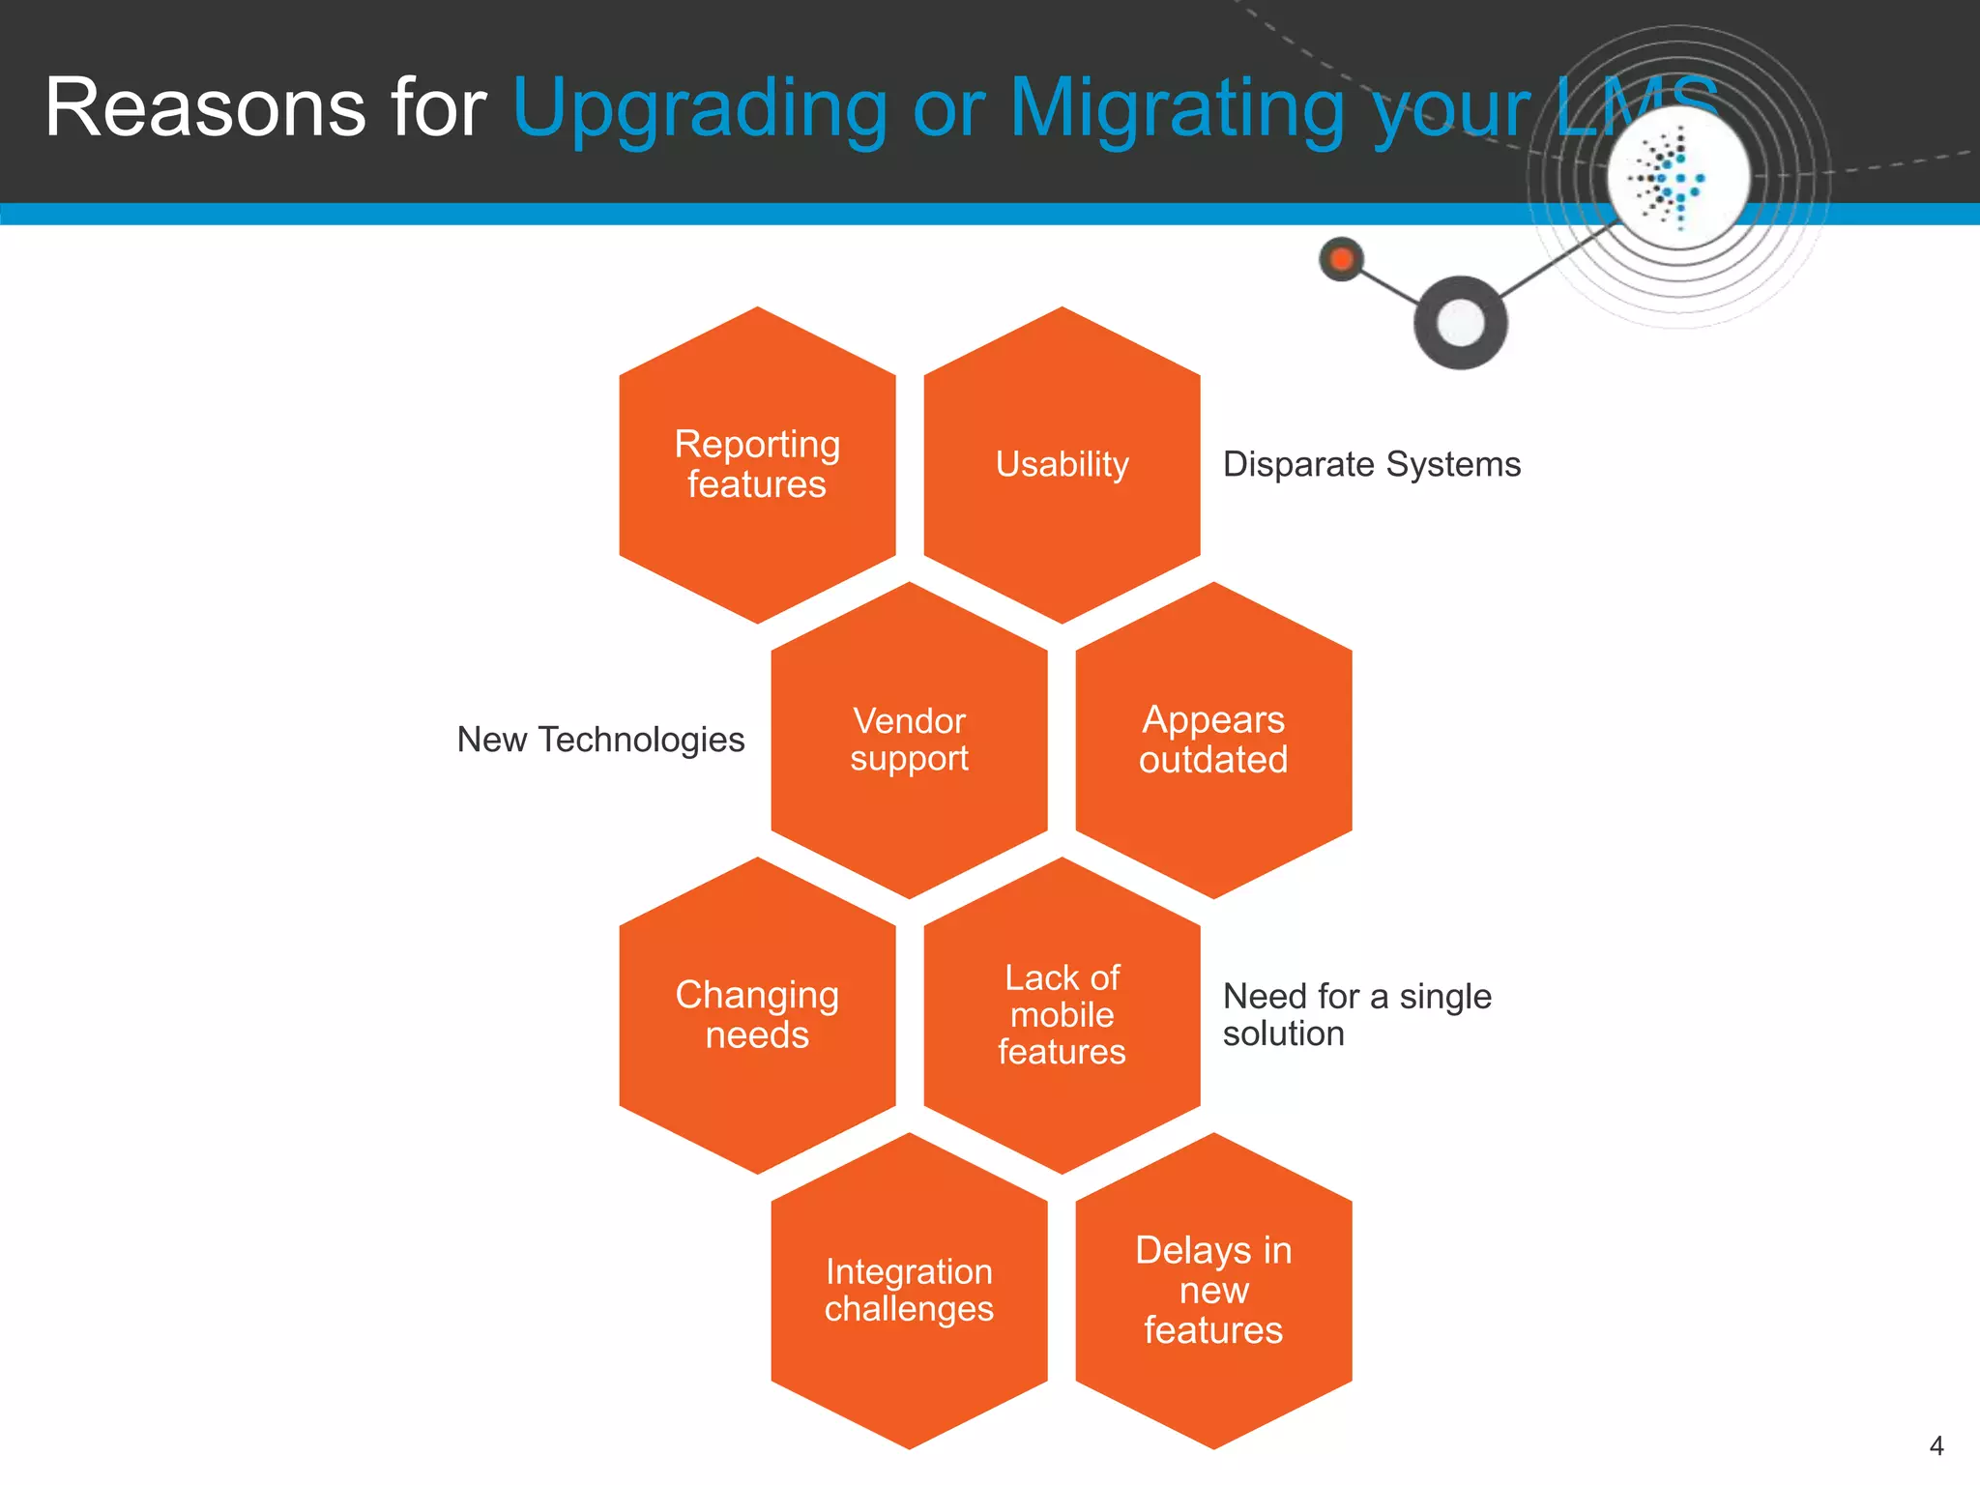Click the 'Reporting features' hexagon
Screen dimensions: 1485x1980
(757, 465)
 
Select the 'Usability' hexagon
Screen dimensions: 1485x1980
(1062, 465)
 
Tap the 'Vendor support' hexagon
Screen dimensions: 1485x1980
(909, 741)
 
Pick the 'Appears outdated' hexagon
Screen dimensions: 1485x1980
(1213, 741)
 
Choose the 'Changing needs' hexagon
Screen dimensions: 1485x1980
(757, 1015)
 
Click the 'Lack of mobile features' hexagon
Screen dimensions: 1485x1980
(1062, 1015)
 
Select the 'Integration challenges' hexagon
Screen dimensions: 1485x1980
(909, 1291)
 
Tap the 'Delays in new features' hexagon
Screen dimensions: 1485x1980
(1213, 1291)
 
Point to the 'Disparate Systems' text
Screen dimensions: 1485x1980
(1371, 465)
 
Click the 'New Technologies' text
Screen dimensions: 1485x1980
(600, 741)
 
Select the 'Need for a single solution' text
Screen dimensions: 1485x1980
(1356, 1015)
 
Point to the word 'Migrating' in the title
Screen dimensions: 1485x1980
(1176, 109)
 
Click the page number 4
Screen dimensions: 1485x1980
(1936, 1446)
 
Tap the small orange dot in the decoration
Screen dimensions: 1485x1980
(1342, 259)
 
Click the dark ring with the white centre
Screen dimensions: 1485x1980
(1460, 323)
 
